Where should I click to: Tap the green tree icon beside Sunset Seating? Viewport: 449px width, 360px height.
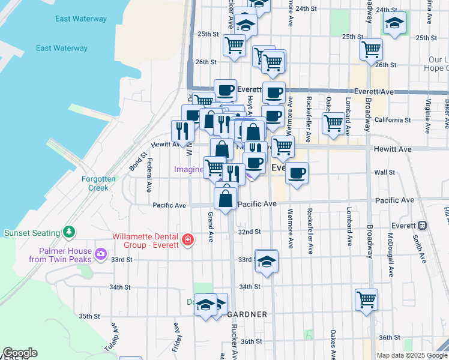[70, 232]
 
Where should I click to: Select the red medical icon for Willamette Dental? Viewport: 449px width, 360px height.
[188, 240]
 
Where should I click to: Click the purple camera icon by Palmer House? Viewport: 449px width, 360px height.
[100, 254]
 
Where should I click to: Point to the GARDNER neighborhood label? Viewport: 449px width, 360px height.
[246, 314]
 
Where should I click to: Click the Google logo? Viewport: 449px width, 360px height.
[20, 353]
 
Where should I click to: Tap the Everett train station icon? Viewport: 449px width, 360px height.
[422, 225]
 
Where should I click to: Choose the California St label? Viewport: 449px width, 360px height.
[393, 120]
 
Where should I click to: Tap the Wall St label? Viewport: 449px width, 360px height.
[384, 172]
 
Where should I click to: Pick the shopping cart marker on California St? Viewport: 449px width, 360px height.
[333, 123]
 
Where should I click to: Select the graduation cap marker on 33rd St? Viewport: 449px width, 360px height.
[267, 261]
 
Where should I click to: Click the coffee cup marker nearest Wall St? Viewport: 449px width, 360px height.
[297, 173]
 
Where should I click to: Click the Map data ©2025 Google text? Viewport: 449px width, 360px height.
[411, 355]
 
